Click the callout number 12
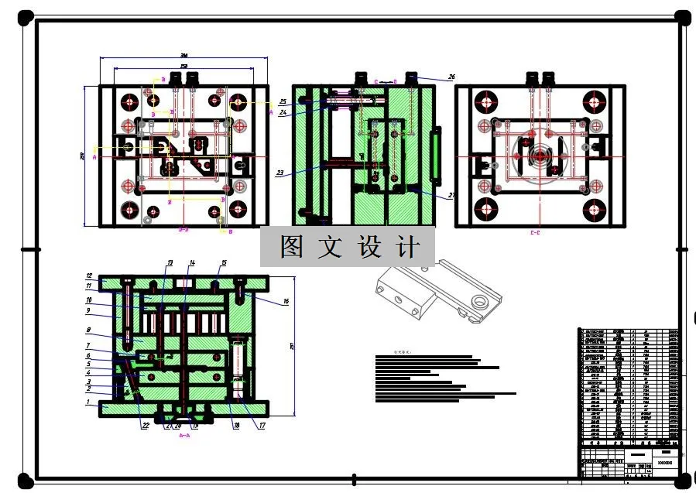(89, 276)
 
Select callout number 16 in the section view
(286, 301)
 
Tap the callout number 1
(88, 402)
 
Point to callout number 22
(145, 426)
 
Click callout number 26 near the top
(452, 77)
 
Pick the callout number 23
(279, 173)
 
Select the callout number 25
(283, 101)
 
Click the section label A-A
(184, 436)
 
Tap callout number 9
(89, 310)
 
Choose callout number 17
(262, 426)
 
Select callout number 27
(451, 196)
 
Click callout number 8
(89, 330)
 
